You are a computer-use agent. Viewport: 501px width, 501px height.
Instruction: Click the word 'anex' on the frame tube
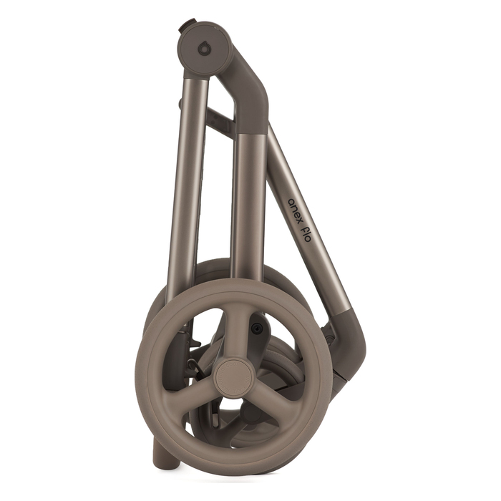295,208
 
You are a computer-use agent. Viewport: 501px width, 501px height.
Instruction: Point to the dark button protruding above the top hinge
188,25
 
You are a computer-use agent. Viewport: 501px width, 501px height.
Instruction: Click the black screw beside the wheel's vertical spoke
257,327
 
